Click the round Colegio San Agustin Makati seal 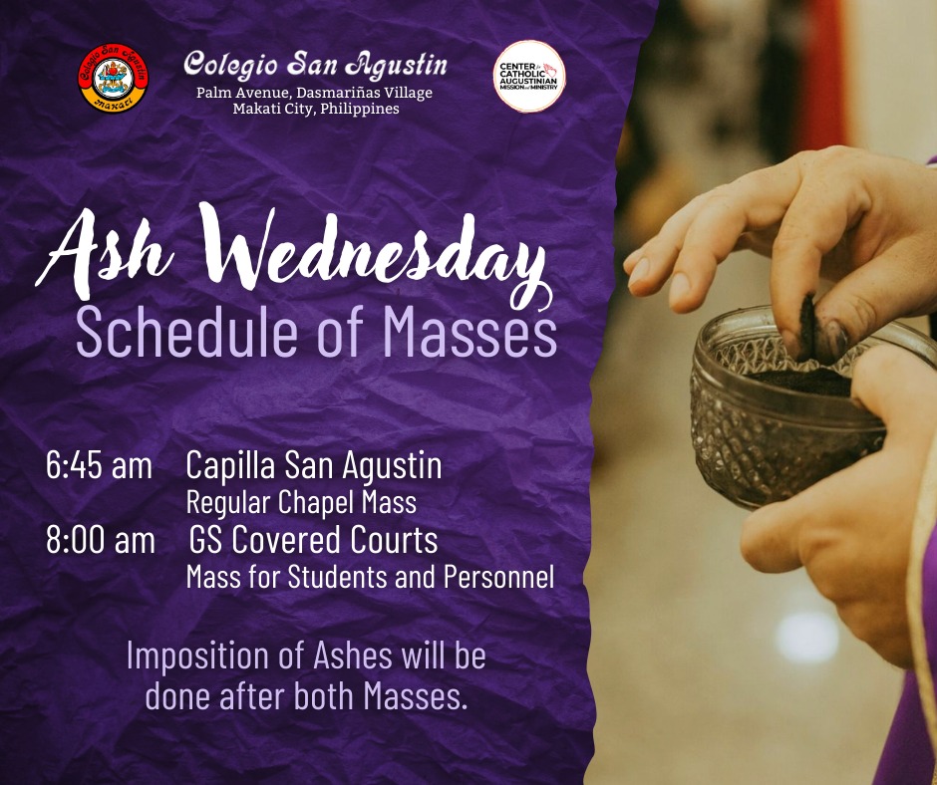coord(113,78)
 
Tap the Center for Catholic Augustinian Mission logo coord(529,76)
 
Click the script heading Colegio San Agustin coord(315,65)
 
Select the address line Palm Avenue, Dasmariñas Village coord(314,94)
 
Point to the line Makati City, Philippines coord(316,109)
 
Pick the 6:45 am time coord(99,465)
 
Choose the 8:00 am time coord(101,540)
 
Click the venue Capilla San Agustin coord(314,466)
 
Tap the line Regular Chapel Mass coord(301,502)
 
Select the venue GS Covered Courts coord(314,540)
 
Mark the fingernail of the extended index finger coord(639,271)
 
